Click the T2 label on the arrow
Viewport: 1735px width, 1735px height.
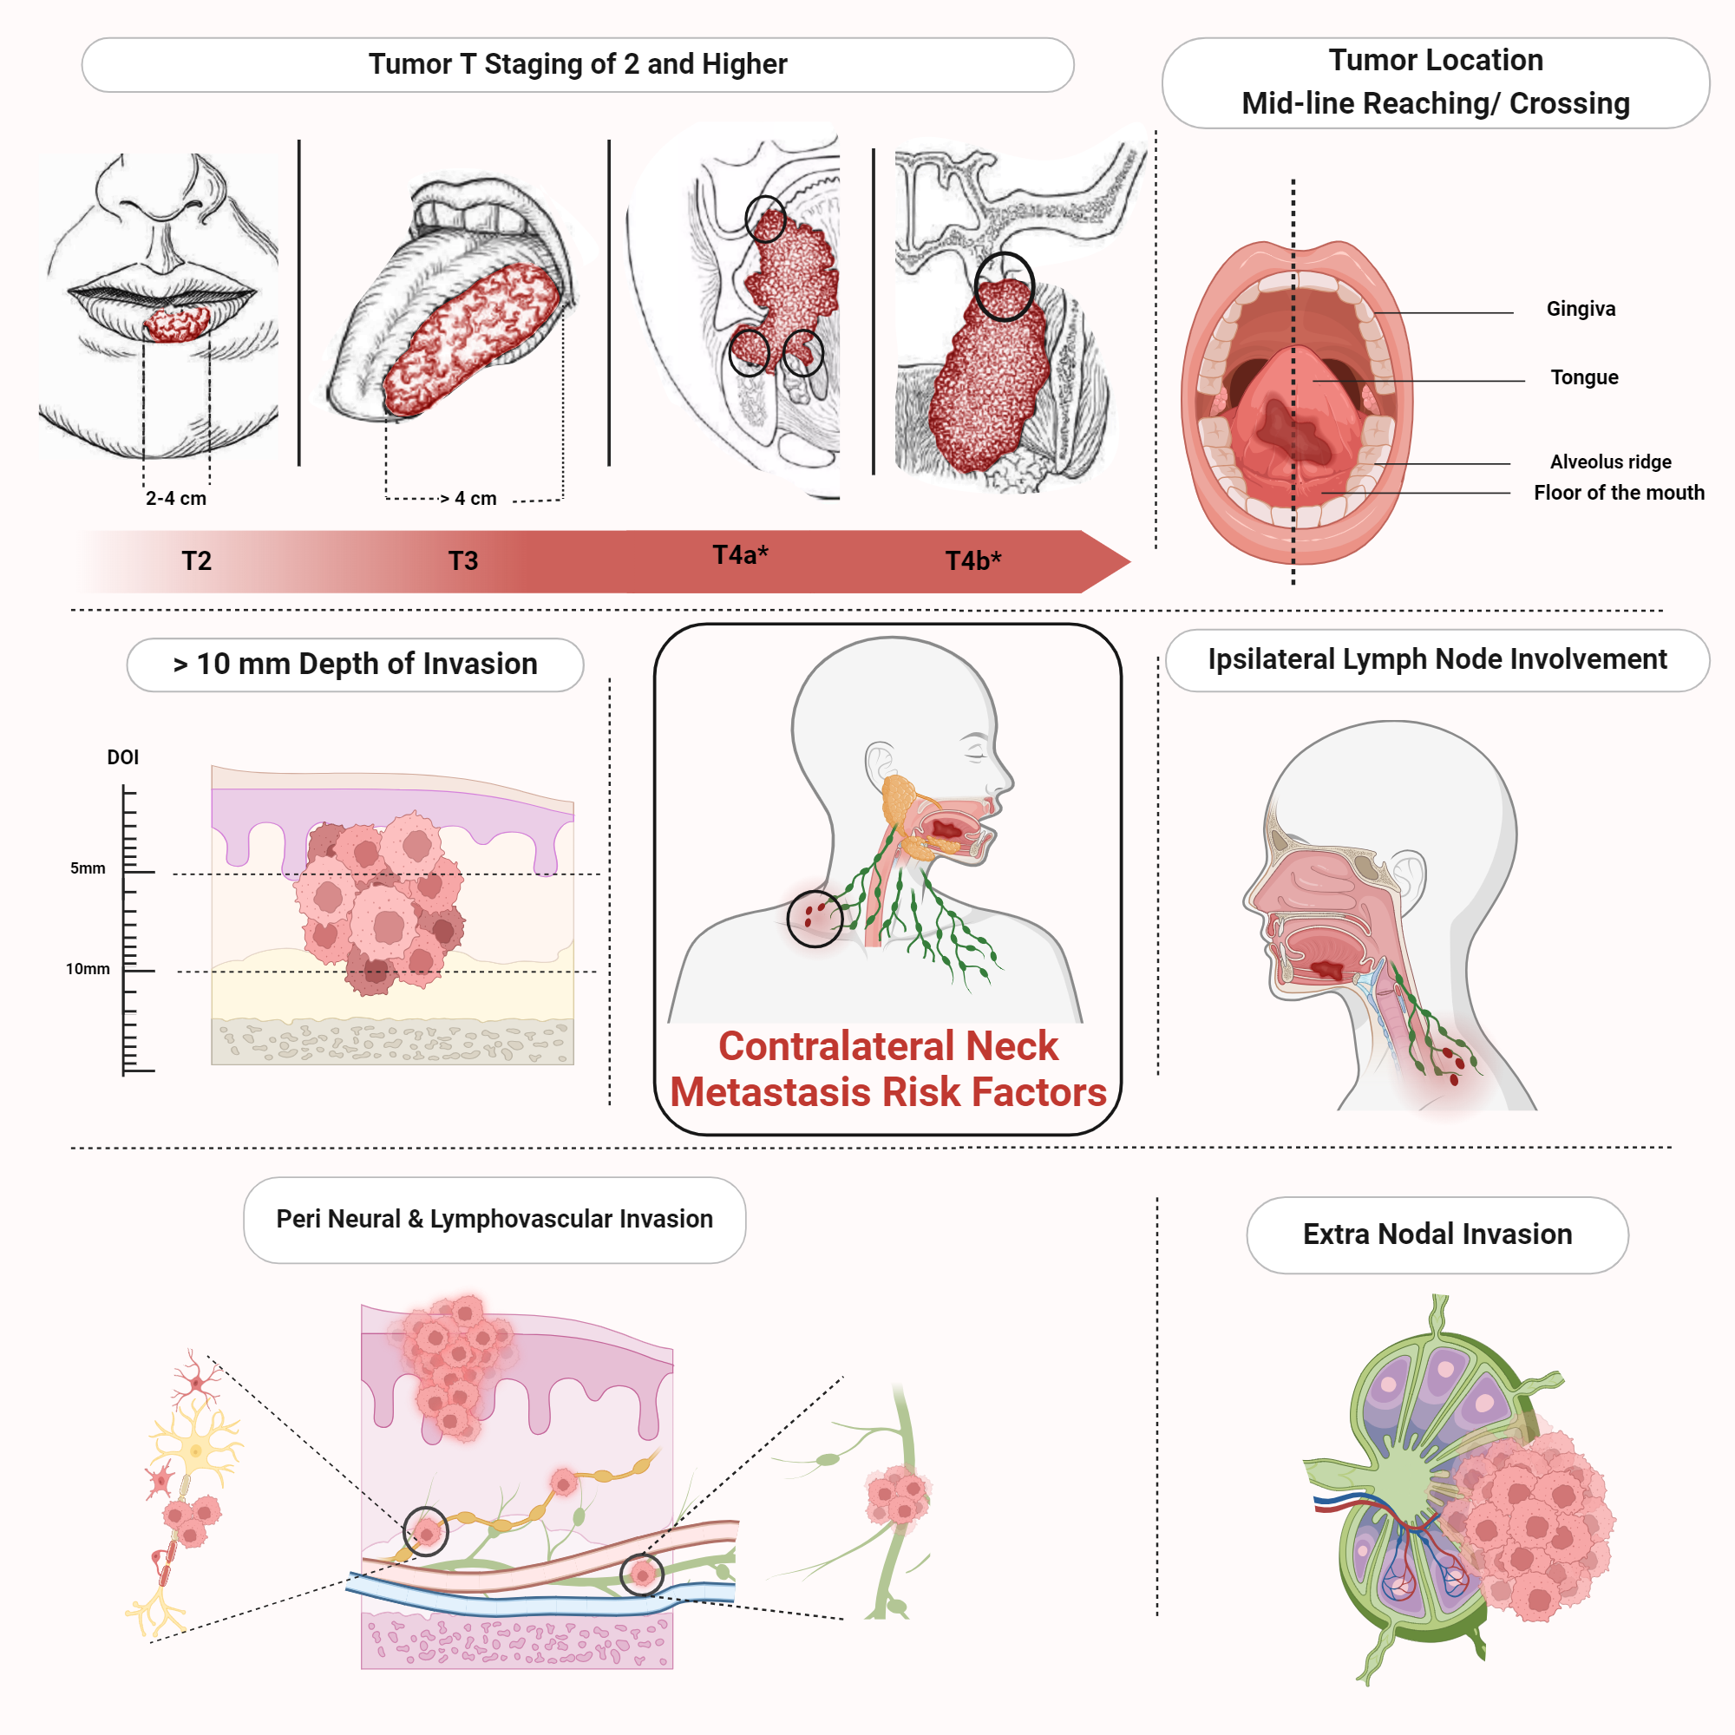(x=196, y=561)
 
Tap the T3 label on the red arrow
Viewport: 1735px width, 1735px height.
(x=462, y=561)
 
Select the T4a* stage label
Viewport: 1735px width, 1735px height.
(x=740, y=555)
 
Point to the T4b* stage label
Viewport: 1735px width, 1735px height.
(x=972, y=561)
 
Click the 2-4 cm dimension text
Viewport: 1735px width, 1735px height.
(x=176, y=499)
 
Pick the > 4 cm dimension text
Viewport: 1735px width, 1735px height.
(x=468, y=499)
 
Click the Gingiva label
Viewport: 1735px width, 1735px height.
(x=1581, y=309)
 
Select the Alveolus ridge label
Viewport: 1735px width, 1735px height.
(x=1610, y=462)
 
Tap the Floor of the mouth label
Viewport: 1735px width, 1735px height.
(x=1618, y=492)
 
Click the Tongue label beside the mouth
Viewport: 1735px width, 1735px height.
(x=1584, y=377)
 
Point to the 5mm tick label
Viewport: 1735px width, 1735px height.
(x=88, y=868)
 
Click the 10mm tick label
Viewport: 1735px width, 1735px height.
(x=88, y=969)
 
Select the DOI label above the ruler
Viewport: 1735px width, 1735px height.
(x=123, y=757)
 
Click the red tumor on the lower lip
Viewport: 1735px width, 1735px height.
(x=178, y=324)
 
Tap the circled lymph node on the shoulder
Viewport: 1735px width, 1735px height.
(x=815, y=918)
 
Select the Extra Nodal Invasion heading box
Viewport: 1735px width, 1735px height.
(x=1437, y=1234)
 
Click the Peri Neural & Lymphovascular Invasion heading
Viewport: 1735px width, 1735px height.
(x=494, y=1219)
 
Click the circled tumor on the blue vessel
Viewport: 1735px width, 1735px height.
(x=641, y=1574)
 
